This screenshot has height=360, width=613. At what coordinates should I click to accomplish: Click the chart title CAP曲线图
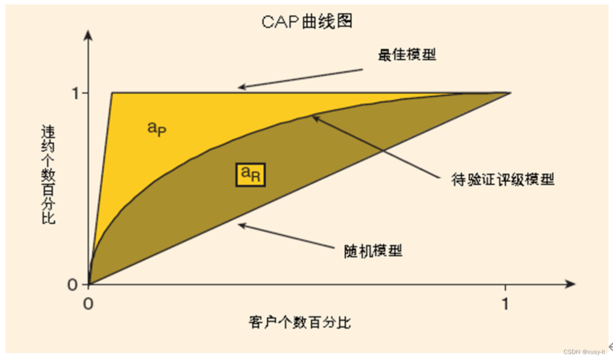coord(307,22)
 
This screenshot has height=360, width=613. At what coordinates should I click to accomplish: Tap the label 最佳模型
coord(407,54)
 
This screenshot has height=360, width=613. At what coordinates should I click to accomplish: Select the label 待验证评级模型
coord(503,179)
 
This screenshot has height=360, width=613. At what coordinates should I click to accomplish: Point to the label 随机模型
coord(373,250)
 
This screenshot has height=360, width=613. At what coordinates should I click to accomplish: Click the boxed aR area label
coord(250,174)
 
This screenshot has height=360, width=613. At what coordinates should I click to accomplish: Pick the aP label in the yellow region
coord(156,128)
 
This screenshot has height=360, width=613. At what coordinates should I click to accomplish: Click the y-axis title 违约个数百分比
coord(48,174)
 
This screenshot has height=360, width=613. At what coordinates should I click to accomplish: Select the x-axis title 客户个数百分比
coord(300,322)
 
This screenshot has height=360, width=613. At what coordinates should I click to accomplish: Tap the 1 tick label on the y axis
coord(77,93)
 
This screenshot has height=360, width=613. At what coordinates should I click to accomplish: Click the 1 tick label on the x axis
coord(505,304)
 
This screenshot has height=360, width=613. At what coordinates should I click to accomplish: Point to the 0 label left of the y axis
coord(73,285)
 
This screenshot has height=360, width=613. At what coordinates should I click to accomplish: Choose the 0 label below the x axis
coord(88,304)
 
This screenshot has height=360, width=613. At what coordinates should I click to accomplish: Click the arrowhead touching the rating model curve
coord(314,118)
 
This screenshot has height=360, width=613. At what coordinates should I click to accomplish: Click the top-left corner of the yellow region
coord(113,93)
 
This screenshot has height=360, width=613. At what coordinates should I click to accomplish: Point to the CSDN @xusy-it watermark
coord(584,352)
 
